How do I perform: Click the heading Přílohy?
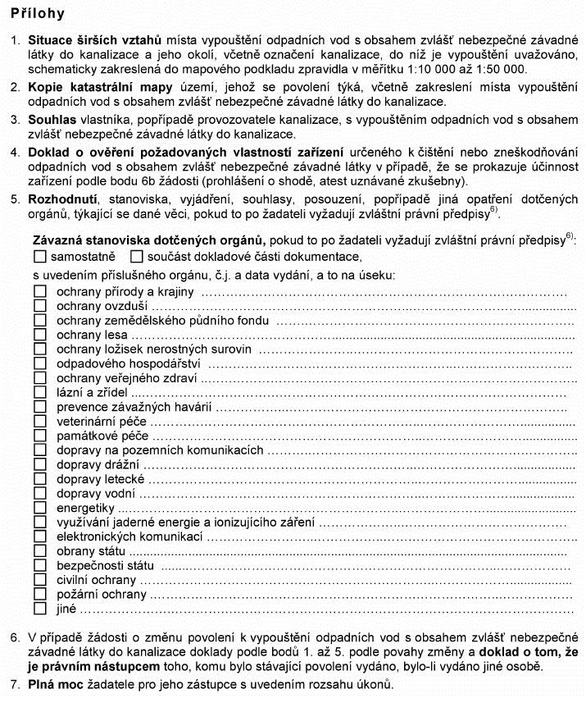[x=39, y=14]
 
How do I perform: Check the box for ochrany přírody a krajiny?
[x=40, y=291]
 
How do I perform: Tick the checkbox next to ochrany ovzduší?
[x=40, y=306]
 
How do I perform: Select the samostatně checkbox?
[x=40, y=256]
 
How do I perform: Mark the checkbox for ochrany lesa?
[x=40, y=335]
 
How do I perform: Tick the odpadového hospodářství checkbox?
[x=40, y=364]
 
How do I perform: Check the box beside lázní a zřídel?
[x=40, y=393]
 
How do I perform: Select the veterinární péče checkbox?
[x=40, y=422]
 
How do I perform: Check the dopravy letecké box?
[x=40, y=479]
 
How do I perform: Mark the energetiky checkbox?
[x=40, y=508]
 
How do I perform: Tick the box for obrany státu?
[x=40, y=551]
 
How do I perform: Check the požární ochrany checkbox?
[x=40, y=595]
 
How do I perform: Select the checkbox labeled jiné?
[x=40, y=609]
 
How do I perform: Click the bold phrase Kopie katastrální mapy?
[x=100, y=88]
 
